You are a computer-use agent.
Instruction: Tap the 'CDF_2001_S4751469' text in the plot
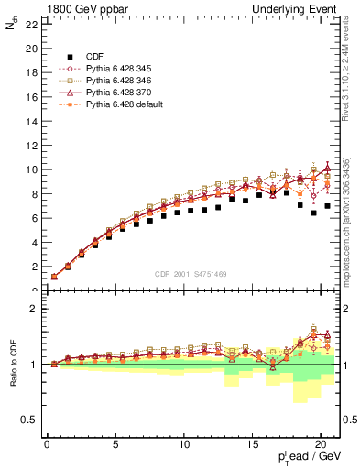pyautogui.click(x=191, y=273)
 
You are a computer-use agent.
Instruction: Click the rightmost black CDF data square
pyautogui.click(x=327, y=206)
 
